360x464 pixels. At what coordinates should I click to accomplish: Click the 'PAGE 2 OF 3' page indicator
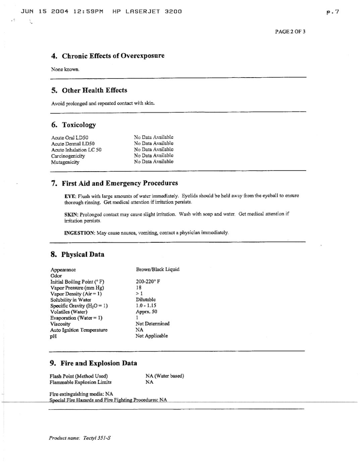point(290,32)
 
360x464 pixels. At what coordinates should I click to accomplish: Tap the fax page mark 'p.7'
point(332,12)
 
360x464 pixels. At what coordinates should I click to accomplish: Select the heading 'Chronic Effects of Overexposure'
point(113,56)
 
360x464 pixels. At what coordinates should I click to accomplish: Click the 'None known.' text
point(65,69)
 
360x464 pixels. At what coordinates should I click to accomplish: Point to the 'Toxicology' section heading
point(79,125)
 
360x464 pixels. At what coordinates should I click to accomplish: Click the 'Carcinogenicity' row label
point(68,156)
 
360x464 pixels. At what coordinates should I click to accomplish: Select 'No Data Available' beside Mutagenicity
point(154,162)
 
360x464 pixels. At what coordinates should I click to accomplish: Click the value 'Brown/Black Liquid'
point(157,269)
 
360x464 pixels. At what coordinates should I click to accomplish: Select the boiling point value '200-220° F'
point(148,282)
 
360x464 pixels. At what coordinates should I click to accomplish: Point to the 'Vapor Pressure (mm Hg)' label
point(77,288)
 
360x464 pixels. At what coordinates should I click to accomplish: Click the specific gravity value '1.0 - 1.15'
point(146,306)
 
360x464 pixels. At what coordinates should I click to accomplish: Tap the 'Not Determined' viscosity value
point(152,324)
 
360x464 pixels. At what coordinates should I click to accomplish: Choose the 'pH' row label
point(53,336)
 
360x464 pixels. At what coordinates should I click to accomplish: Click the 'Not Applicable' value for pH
point(151,336)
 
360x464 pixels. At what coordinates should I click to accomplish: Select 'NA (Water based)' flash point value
point(165,376)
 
